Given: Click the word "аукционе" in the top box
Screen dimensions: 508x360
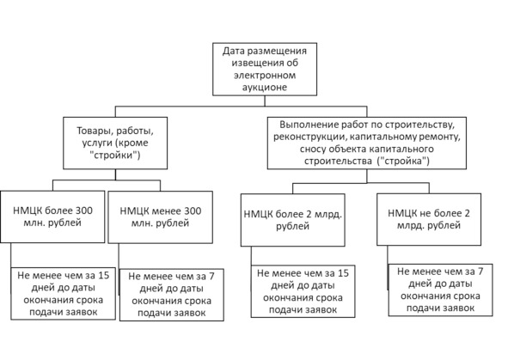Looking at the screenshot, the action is point(265,88).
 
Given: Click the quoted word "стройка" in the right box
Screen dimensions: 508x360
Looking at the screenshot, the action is point(403,161).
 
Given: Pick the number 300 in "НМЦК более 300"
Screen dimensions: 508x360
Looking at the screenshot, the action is point(84,211).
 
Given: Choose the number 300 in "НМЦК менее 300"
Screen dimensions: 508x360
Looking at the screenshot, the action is point(193,211).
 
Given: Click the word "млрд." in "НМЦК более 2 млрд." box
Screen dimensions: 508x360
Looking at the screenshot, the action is point(327,214).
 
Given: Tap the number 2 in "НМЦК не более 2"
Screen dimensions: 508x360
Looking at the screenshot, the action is point(468,213).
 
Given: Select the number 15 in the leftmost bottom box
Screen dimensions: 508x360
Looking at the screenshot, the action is point(104,276).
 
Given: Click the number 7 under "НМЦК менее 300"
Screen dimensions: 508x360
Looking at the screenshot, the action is point(211,276).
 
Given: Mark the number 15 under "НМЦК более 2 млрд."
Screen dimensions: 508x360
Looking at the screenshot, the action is point(343,273).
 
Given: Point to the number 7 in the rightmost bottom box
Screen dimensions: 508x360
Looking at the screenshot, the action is point(480,272).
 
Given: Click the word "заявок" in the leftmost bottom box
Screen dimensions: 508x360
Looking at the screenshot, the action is point(81,313).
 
